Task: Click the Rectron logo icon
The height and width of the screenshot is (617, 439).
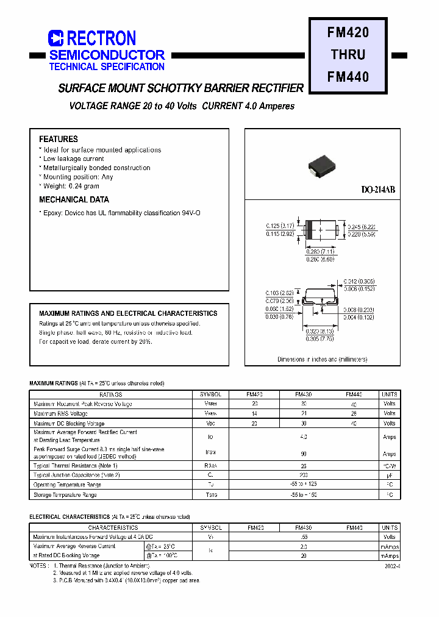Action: (x=55, y=38)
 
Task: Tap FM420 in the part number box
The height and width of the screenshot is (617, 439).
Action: (x=348, y=32)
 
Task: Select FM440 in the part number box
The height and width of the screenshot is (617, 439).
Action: (x=348, y=77)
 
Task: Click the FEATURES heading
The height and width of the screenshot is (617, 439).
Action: (x=59, y=139)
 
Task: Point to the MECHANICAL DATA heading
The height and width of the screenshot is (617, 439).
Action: (x=74, y=199)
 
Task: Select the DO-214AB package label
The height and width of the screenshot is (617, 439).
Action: (x=378, y=190)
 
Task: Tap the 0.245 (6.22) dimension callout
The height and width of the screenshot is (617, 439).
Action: (x=362, y=226)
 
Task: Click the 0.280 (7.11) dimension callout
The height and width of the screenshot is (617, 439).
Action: (x=320, y=251)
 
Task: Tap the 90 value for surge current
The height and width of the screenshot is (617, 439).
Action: (x=304, y=454)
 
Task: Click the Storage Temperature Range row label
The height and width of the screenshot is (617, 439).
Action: (x=65, y=495)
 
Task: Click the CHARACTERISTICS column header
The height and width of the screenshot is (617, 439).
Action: (x=113, y=527)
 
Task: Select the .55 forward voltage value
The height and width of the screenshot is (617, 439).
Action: (x=304, y=537)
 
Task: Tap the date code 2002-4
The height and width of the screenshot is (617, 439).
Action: (x=392, y=566)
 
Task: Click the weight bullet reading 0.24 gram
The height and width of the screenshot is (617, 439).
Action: (x=71, y=186)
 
